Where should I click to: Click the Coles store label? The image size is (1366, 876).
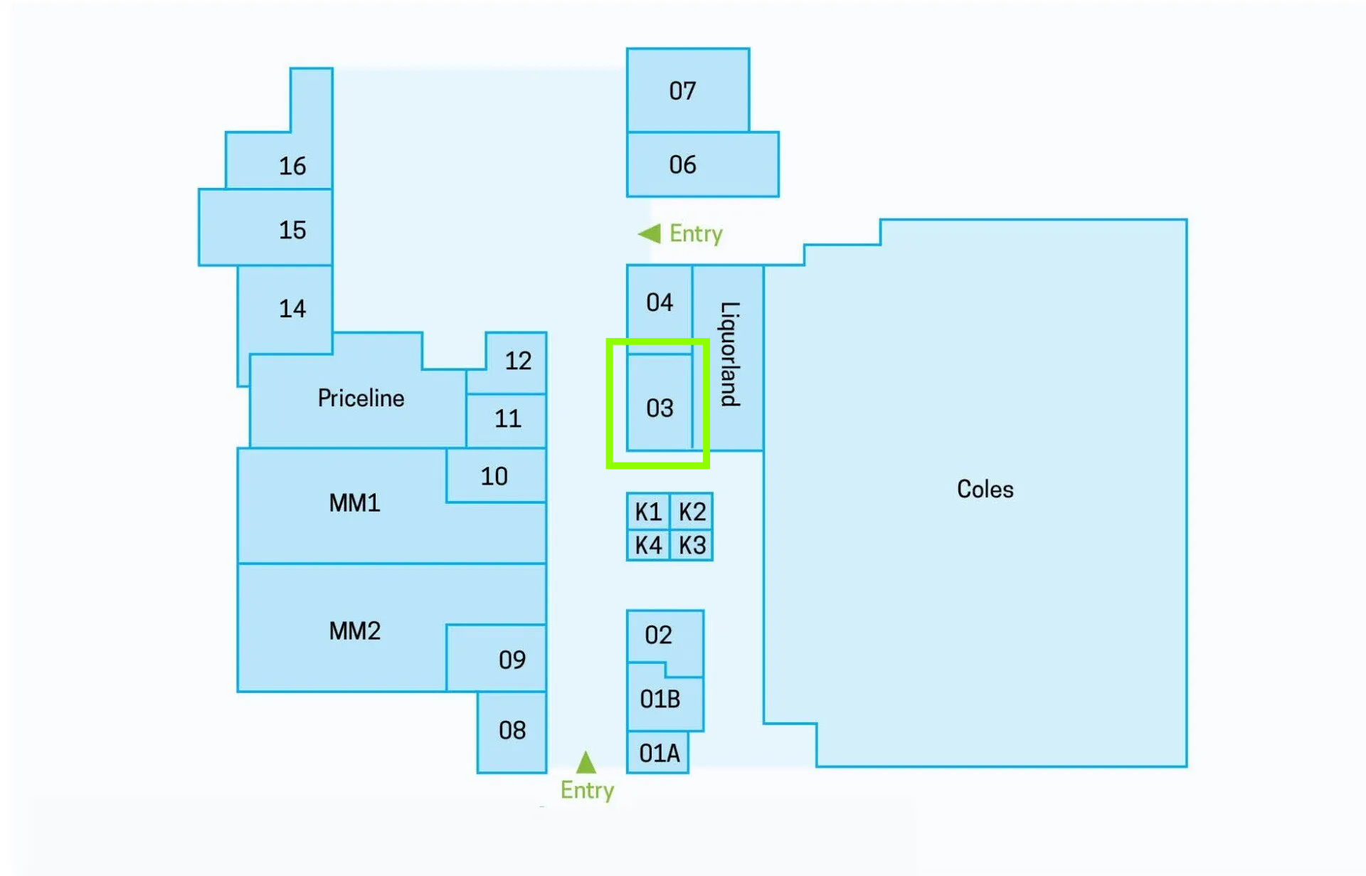pos(985,489)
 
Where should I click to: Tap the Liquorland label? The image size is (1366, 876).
pos(730,354)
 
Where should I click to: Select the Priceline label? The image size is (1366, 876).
pos(361,398)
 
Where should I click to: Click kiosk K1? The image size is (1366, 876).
pos(648,511)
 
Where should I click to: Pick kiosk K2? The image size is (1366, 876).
pos(692,511)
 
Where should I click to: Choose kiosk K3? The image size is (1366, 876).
pos(692,545)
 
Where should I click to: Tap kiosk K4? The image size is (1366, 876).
pos(648,545)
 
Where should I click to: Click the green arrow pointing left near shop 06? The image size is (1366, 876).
pos(650,233)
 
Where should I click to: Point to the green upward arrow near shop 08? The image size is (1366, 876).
pos(586,762)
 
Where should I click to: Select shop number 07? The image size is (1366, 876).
pos(687,90)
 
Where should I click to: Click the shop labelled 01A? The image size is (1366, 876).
pos(657,752)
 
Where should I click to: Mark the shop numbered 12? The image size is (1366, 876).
pos(517,362)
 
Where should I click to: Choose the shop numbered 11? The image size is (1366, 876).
pos(507,420)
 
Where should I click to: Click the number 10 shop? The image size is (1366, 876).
pos(496,475)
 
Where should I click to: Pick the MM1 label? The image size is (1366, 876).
pos(354,503)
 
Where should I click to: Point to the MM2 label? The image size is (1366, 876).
pos(354,630)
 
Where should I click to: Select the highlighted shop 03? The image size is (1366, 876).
pos(660,402)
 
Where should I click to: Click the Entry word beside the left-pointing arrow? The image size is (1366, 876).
pos(696,233)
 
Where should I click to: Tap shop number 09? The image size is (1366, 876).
pos(497,658)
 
